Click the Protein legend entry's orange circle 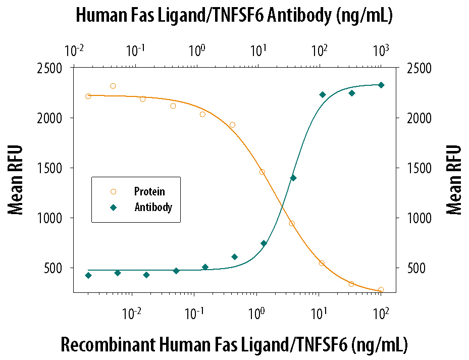pyautogui.click(x=113, y=191)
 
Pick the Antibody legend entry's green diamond pyautogui.click(x=113, y=207)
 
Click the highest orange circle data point pyautogui.click(x=113, y=86)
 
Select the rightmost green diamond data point pyautogui.click(x=381, y=85)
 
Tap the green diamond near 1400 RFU pyautogui.click(x=293, y=178)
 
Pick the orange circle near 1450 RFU pyautogui.click(x=262, y=172)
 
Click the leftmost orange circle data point pyautogui.click(x=88, y=96)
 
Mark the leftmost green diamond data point pyautogui.click(x=88, y=275)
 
